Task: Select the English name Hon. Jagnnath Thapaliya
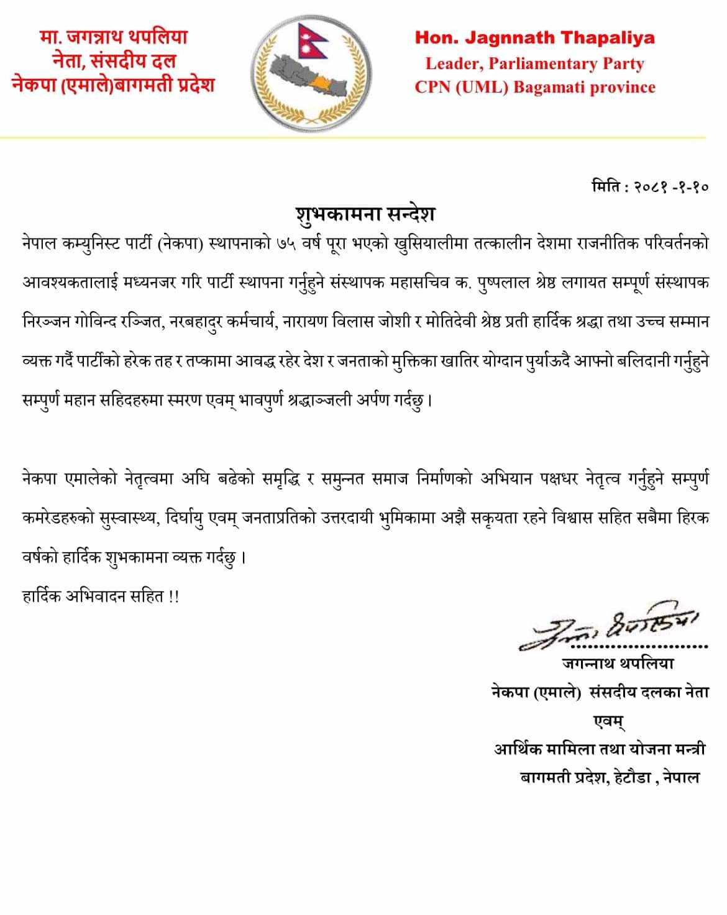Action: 534,38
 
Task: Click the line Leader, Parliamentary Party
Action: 534,63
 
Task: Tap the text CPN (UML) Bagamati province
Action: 534,87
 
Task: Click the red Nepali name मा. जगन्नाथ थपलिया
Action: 113,37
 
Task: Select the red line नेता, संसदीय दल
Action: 113,61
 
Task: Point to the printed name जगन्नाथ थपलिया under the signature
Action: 617,663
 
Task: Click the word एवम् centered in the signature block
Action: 608,721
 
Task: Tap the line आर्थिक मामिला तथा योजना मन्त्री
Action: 600,749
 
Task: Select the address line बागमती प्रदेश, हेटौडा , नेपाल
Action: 610,777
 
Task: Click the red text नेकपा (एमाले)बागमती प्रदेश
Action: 113,84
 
